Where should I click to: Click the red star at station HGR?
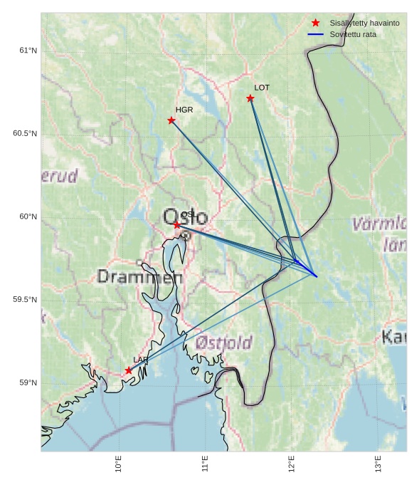coord(171,120)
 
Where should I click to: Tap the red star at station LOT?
coord(250,98)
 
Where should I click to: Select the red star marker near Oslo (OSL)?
coord(177,225)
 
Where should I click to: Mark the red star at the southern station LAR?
coord(129,370)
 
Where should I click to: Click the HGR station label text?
coord(184,110)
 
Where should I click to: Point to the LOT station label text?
coord(262,88)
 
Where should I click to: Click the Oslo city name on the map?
coord(185,217)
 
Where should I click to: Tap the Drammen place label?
coord(139,276)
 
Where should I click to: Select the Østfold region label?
coord(223,343)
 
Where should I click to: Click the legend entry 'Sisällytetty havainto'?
coord(364,23)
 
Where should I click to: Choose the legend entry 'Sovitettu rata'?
coord(353,34)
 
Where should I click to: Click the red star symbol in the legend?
coord(316,23)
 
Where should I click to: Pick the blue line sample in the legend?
coord(316,34)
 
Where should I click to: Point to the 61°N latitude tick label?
coord(28,51)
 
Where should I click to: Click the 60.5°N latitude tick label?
coord(25,134)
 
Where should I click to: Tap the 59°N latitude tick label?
coord(28,383)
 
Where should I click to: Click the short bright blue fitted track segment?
coord(306,268)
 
